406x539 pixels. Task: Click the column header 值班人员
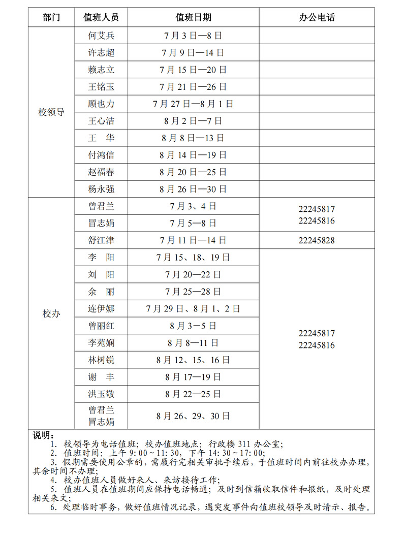coord(101,17)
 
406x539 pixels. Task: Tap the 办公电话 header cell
coord(317,17)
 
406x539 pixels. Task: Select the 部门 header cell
coord(51,17)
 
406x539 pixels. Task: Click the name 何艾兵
coord(101,36)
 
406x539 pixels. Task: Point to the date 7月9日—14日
coord(193,53)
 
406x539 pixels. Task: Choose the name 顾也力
coord(101,104)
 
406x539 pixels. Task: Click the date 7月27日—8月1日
coord(193,104)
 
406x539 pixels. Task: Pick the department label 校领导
coord(51,112)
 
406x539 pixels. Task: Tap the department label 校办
coord(51,313)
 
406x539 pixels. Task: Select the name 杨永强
coord(101,189)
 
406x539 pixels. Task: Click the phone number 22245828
coord(317,240)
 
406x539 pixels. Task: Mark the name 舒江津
coord(101,240)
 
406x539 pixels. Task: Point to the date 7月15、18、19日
coord(193,258)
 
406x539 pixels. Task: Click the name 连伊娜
coord(101,308)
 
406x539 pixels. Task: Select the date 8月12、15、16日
coord(193,360)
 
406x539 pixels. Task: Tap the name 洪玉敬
coord(101,394)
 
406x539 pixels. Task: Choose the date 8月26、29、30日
coord(193,416)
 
